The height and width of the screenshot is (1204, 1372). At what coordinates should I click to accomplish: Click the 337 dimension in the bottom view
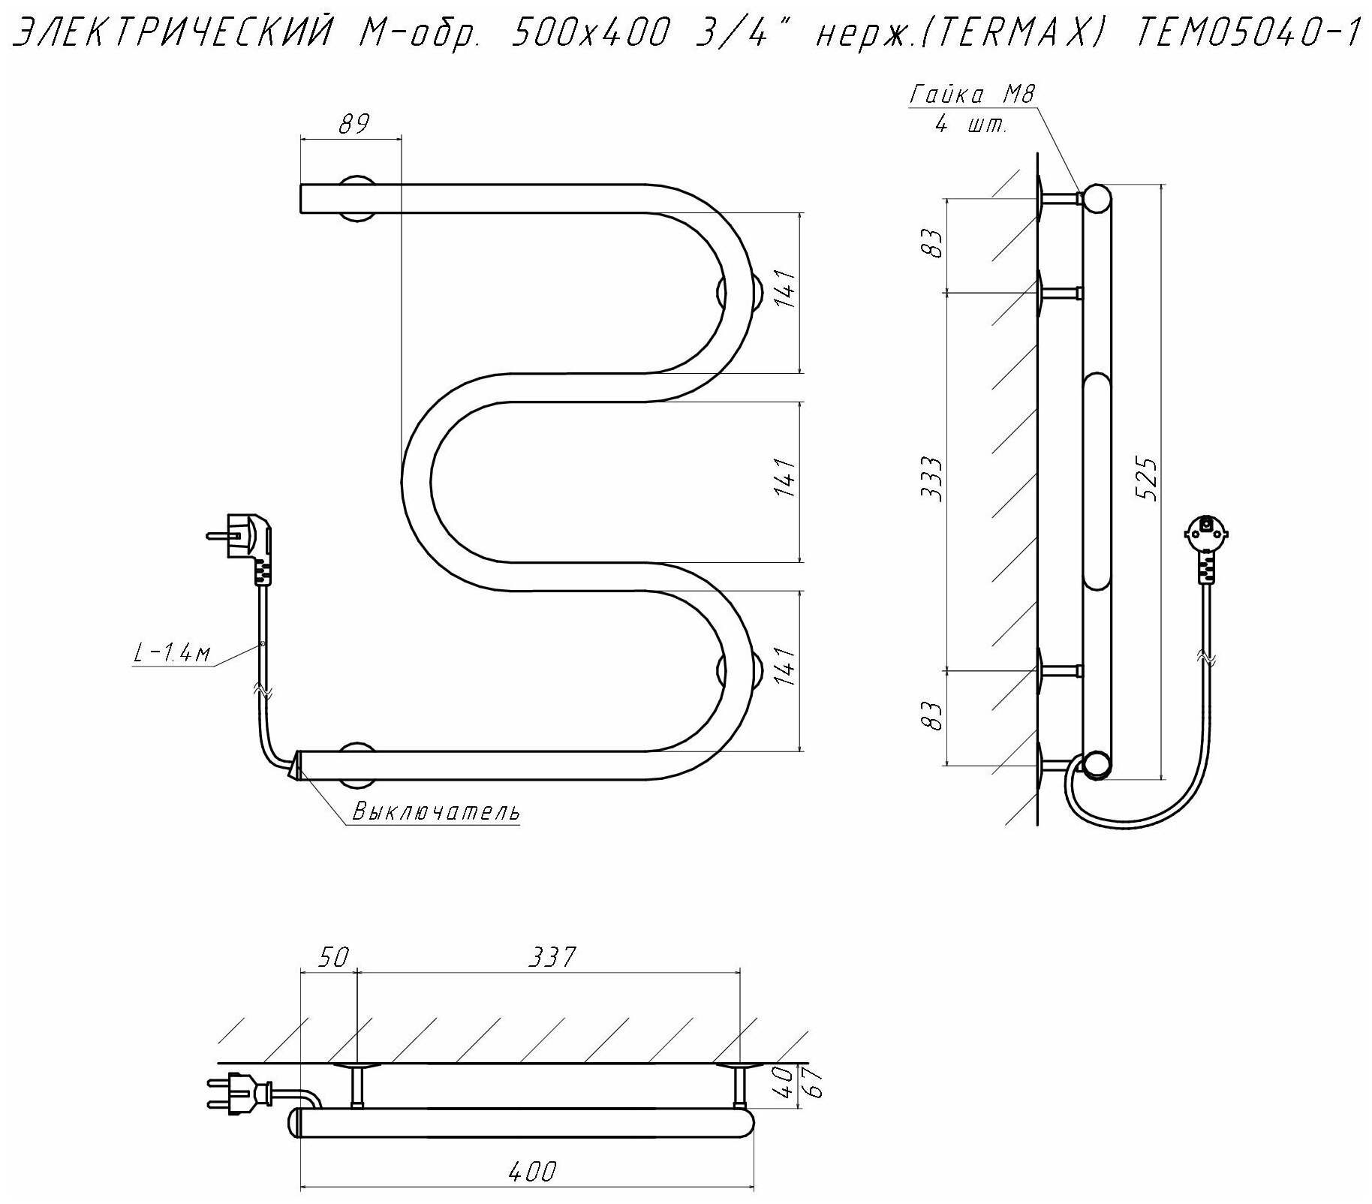coord(551,957)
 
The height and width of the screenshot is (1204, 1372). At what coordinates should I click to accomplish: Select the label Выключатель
coord(436,811)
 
